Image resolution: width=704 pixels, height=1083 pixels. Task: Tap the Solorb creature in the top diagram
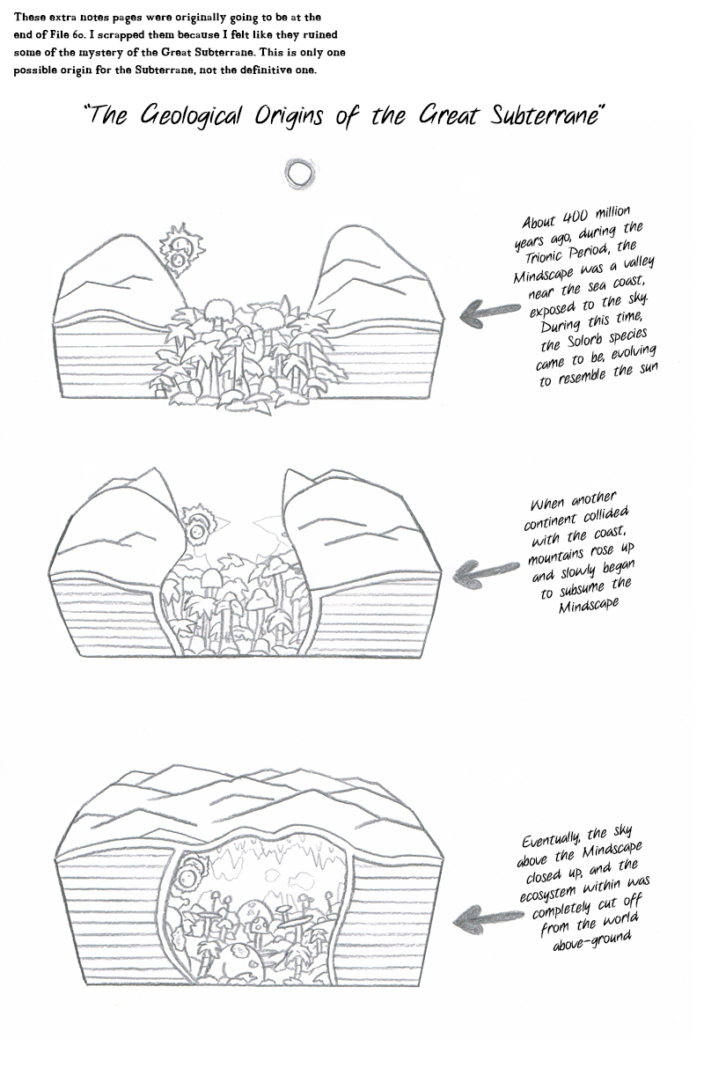(181, 249)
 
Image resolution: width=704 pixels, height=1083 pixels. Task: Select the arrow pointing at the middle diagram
(485, 573)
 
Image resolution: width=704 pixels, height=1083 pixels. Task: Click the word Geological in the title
(190, 117)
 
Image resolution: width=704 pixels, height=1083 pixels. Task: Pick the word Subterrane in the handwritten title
(546, 116)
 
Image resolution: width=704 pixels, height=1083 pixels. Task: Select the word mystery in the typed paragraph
(101, 53)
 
